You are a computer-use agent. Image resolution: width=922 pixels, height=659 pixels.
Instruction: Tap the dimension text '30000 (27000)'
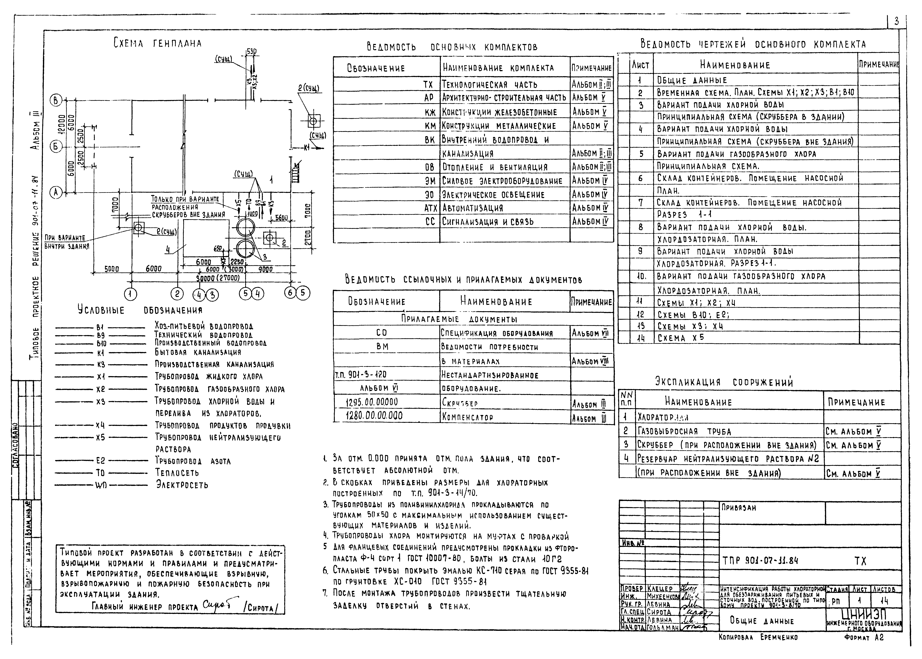click(218, 278)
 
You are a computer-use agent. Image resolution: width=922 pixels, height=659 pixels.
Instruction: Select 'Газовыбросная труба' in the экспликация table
click(684, 431)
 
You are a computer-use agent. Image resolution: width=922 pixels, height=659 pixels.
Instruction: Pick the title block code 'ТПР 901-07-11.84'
click(760, 561)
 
